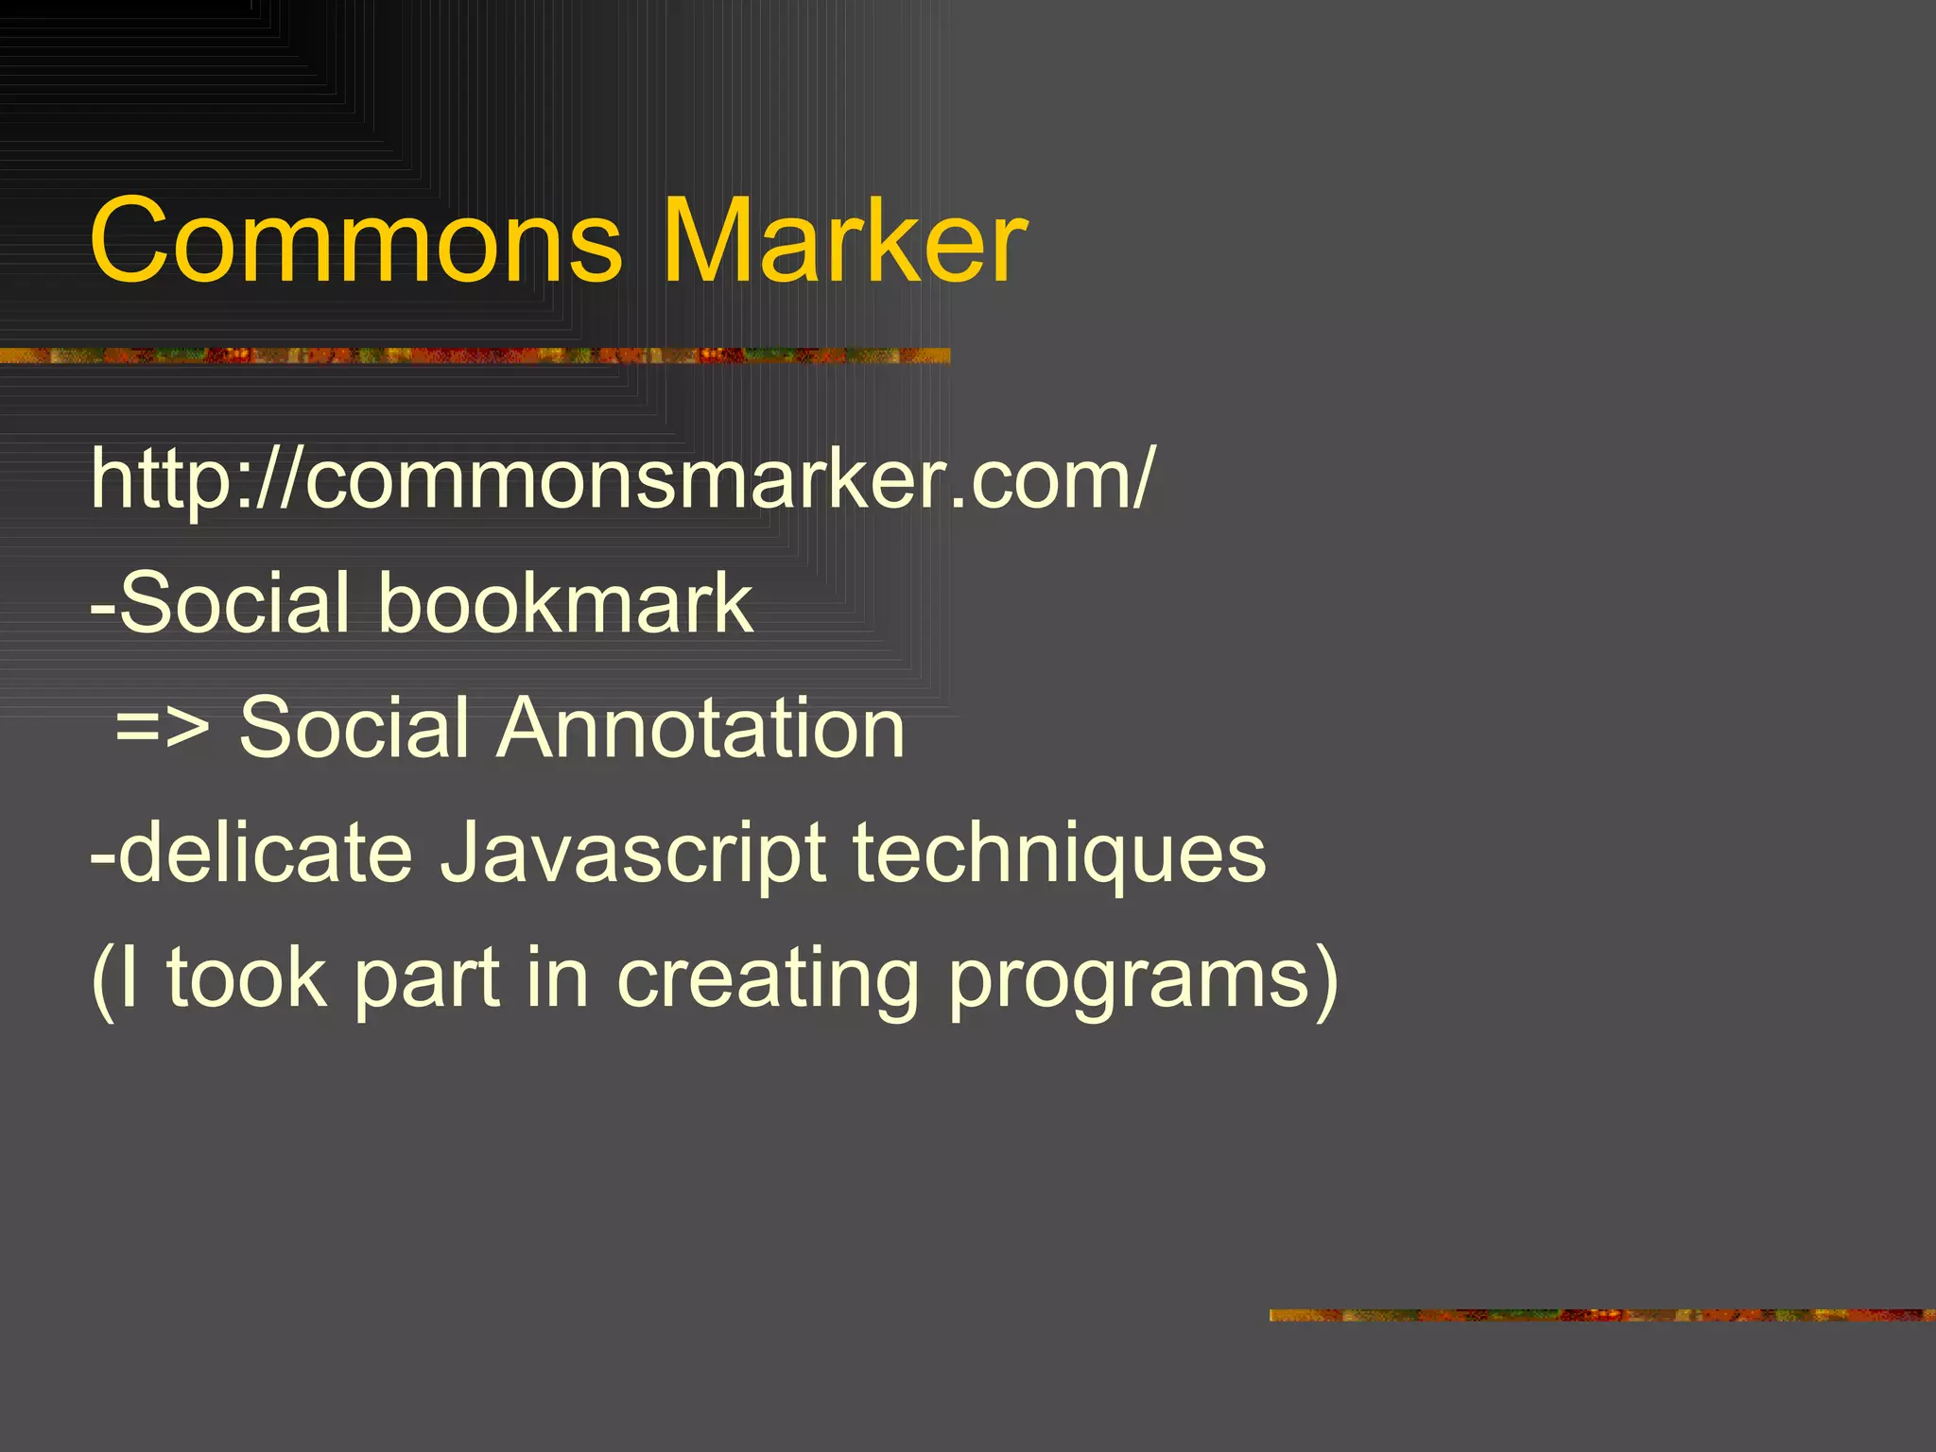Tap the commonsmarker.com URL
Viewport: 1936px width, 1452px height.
tap(621, 479)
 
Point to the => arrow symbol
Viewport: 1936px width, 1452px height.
tap(163, 729)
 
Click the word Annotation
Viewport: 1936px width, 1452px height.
tap(700, 728)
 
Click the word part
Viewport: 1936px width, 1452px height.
tap(426, 981)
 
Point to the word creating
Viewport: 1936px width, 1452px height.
tap(768, 981)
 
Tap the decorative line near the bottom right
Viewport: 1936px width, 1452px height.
tap(1601, 1315)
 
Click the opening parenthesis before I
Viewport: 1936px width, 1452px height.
tap(102, 981)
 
